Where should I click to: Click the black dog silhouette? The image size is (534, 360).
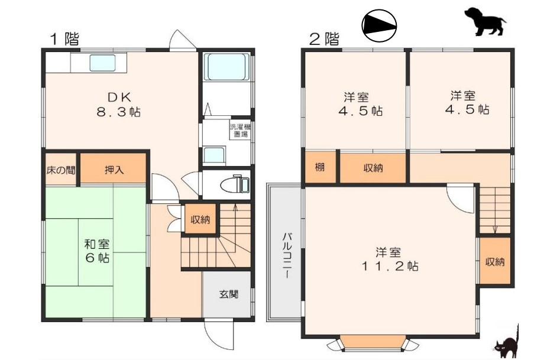[x=484, y=21]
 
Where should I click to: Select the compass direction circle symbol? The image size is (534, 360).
[x=379, y=25]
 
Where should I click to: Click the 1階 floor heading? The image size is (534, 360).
[x=63, y=40]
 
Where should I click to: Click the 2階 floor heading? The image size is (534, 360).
[x=325, y=40]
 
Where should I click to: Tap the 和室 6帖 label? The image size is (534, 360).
[x=95, y=251]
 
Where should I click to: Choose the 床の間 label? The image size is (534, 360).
[x=61, y=170]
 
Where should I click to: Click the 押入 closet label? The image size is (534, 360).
[x=114, y=170]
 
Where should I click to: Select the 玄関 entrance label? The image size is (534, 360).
[x=229, y=294]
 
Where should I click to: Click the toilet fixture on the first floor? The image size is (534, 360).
[x=235, y=184]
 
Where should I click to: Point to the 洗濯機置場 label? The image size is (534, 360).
[x=240, y=130]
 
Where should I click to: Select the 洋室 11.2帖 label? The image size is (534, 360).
[x=391, y=259]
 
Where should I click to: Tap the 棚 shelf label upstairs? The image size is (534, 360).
[x=319, y=167]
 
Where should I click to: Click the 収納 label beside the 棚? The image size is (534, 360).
[x=373, y=168]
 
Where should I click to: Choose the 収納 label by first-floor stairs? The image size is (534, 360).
[x=200, y=219]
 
